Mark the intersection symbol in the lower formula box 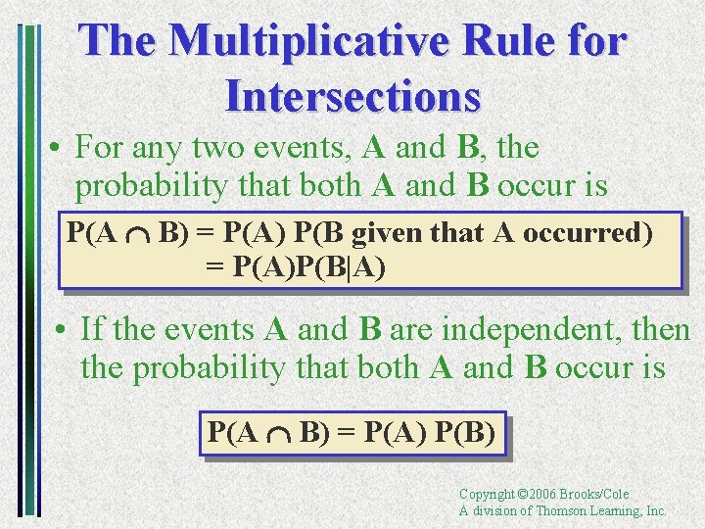tap(279, 432)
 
